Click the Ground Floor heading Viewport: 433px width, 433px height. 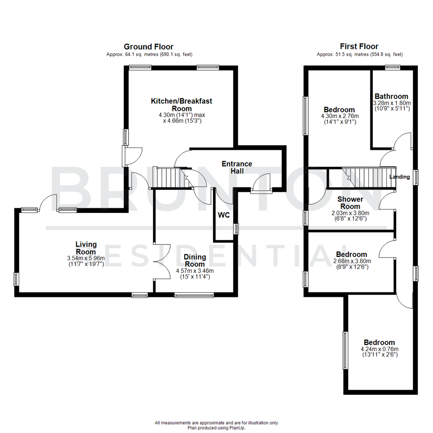tap(148, 47)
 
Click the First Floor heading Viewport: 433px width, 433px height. tap(359, 47)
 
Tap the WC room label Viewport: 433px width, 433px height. tap(224, 215)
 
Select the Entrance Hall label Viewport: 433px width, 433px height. tap(237, 168)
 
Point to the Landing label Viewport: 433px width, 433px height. tap(400, 177)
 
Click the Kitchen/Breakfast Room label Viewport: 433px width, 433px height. tap(181, 105)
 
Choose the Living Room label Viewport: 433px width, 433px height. tap(86, 248)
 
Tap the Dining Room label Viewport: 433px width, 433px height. tap(195, 261)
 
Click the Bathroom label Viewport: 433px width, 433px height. tap(391, 96)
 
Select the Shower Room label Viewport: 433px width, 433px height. tap(350, 202)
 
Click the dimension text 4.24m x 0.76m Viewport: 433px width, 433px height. tap(379, 349)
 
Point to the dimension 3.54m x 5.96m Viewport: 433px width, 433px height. tap(86, 258)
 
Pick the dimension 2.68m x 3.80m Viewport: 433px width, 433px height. tap(351, 261)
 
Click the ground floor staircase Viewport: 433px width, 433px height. tap(172, 177)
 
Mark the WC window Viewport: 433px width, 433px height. tap(236, 229)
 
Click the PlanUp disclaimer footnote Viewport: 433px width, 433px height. tap(216, 425)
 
